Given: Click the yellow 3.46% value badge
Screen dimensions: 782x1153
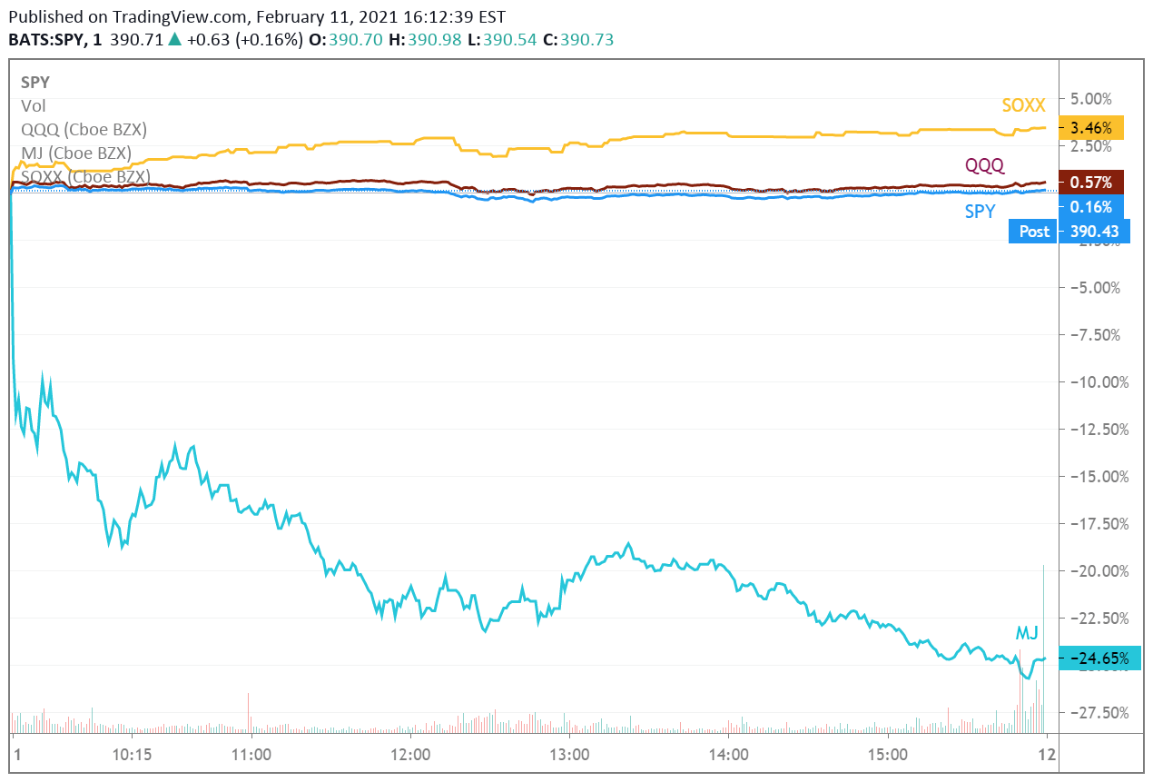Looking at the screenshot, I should [x=1097, y=128].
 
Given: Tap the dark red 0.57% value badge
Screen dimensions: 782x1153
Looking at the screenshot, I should [x=1097, y=182].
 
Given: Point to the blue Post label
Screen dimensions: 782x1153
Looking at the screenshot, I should [x=1034, y=232].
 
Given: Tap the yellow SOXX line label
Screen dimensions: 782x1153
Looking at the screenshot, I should [x=1024, y=104].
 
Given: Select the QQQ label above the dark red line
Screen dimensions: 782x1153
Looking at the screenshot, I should [x=984, y=164].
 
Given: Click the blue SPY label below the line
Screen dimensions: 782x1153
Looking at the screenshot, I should [x=980, y=212].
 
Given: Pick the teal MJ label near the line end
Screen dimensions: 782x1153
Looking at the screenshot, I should [x=1026, y=632].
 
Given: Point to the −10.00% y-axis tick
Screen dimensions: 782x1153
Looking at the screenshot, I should [x=1099, y=381].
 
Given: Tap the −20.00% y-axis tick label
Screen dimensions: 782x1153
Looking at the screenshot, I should [x=1099, y=570].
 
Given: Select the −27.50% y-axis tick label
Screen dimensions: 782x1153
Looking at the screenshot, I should [x=1099, y=712].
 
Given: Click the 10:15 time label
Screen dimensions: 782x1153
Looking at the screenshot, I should [x=132, y=754].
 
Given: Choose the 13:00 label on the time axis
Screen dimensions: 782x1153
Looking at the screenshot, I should [x=569, y=754].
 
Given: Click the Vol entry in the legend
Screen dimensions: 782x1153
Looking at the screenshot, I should [x=33, y=106].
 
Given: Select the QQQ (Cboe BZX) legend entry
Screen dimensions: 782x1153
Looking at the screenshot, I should [x=84, y=129].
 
